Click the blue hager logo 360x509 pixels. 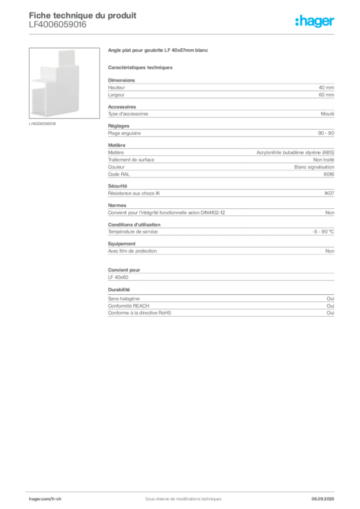[x=316, y=22]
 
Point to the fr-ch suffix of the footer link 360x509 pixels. [x=56, y=499]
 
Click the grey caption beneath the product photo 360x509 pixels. [x=44, y=124]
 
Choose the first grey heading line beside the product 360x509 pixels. [x=159, y=51]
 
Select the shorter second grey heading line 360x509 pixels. [x=141, y=67]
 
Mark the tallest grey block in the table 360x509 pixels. [x=220, y=160]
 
